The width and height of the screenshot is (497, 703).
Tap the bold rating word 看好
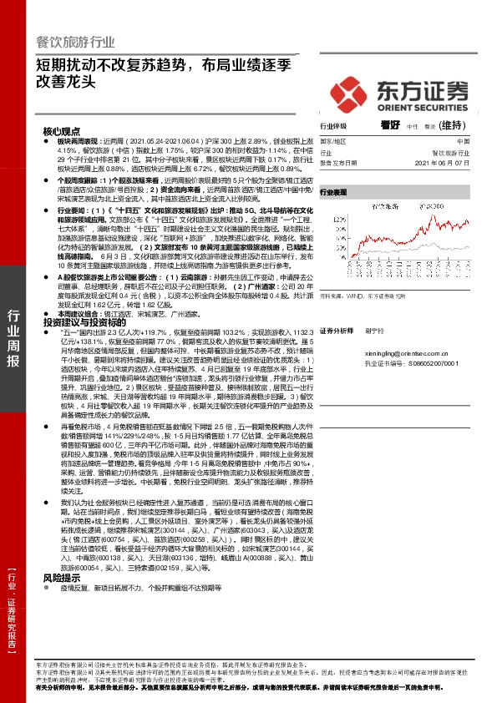389,126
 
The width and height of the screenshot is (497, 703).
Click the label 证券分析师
338,331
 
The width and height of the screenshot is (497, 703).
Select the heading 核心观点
62,132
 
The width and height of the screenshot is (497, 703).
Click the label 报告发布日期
340,163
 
